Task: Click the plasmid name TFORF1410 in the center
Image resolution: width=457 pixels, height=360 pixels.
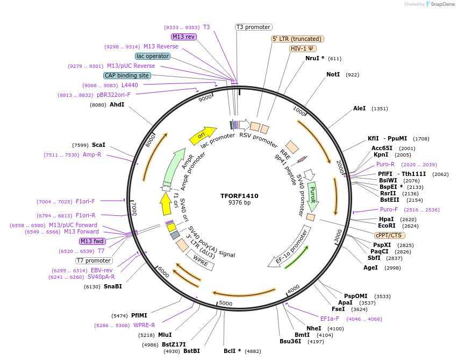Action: pyautogui.click(x=239, y=196)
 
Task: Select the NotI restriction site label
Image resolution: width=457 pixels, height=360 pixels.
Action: pyautogui.click(x=333, y=74)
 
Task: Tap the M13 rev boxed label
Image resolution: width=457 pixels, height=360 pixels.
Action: pyautogui.click(x=184, y=37)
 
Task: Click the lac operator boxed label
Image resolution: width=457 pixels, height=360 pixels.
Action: pyautogui.click(x=153, y=56)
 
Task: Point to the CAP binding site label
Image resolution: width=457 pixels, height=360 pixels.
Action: pyautogui.click(x=127, y=76)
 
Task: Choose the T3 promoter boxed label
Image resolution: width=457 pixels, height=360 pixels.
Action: pyautogui.click(x=254, y=27)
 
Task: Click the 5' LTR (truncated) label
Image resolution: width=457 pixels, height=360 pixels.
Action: pyautogui.click(x=297, y=39)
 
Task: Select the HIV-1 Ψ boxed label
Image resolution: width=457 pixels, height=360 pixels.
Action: pyautogui.click(x=303, y=48)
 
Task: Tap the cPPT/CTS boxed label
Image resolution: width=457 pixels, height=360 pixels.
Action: pyautogui.click(x=390, y=235)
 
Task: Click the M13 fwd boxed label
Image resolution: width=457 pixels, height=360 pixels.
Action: pyautogui.click(x=92, y=241)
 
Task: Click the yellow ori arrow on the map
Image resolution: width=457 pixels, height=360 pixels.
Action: pyautogui.click(x=202, y=136)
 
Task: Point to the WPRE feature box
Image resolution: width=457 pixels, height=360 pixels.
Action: pyautogui.click(x=199, y=261)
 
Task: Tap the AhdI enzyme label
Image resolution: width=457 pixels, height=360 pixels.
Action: pyautogui.click(x=117, y=104)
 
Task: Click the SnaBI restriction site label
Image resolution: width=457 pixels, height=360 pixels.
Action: pyautogui.click(x=112, y=286)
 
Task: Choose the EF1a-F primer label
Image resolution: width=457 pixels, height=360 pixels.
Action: pyautogui.click(x=330, y=318)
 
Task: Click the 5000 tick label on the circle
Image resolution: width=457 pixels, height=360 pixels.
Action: pyautogui.click(x=225, y=303)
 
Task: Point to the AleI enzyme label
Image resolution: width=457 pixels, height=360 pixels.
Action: pyautogui.click(x=359, y=108)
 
